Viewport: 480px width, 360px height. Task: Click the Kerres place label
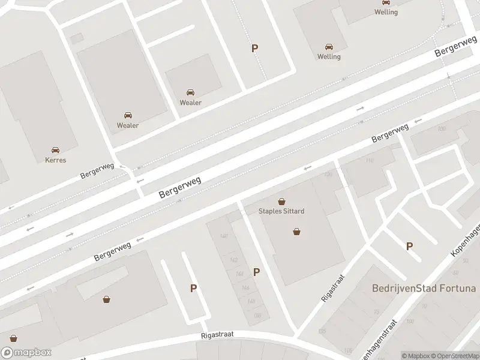point(55,160)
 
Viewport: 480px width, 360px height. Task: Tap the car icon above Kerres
point(55,150)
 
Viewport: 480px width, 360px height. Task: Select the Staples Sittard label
point(281,211)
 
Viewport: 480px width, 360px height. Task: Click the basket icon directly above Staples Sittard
point(281,202)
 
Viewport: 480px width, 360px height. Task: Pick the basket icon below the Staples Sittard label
point(296,231)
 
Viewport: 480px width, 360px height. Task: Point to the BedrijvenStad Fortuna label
point(424,289)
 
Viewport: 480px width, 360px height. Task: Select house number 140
point(224,236)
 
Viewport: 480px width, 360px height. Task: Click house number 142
point(233,260)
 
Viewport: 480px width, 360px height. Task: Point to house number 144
point(239,274)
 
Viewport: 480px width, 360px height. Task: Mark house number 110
point(369,161)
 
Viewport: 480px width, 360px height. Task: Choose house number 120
point(328,175)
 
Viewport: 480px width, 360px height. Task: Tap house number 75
point(376,312)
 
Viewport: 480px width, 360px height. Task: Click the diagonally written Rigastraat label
point(328,288)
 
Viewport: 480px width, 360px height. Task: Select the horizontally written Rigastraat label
point(218,334)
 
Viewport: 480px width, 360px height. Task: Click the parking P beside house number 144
point(257,272)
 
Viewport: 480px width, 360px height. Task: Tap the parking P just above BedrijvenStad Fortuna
point(410,246)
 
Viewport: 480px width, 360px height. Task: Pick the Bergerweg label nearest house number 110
point(390,133)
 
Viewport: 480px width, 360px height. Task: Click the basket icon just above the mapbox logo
point(13,338)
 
